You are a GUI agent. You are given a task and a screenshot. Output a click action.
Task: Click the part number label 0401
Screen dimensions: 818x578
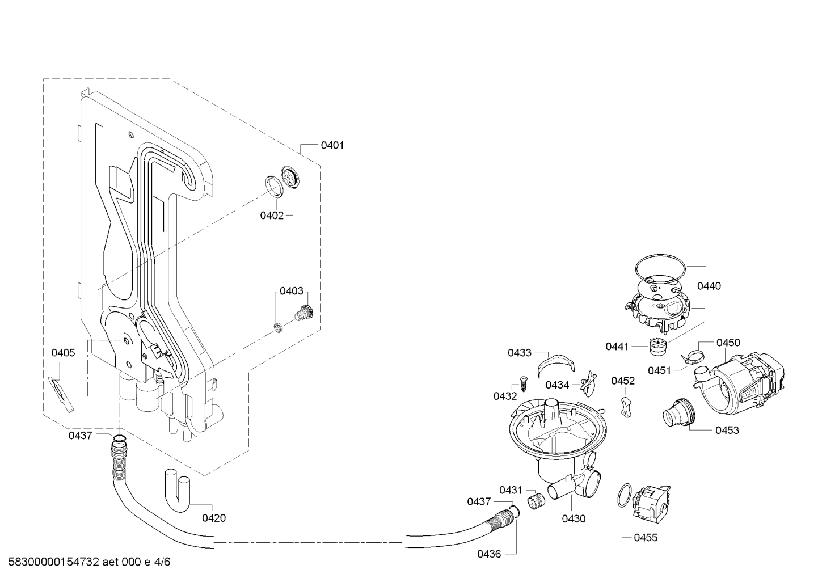[332, 145]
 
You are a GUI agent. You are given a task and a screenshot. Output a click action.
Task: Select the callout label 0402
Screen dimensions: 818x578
[272, 216]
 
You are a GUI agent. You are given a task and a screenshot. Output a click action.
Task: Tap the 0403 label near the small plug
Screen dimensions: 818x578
[292, 291]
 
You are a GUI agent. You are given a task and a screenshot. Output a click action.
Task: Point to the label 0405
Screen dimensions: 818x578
[63, 353]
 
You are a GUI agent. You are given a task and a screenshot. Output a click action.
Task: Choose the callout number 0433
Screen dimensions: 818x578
[520, 353]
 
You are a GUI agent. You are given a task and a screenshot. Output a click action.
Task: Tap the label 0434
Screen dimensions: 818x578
[557, 385]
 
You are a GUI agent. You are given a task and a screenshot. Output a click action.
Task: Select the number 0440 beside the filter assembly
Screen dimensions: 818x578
[709, 286]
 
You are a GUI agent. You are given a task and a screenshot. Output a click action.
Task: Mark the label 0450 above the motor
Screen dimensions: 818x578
[728, 343]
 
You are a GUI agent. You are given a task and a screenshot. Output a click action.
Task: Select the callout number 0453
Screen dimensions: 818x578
[727, 430]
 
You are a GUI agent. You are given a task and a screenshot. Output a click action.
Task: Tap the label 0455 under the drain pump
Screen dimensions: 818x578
[646, 538]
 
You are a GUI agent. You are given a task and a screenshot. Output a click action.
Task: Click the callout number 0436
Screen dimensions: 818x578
[490, 554]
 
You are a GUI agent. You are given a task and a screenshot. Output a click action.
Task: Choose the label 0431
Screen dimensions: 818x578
[511, 490]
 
